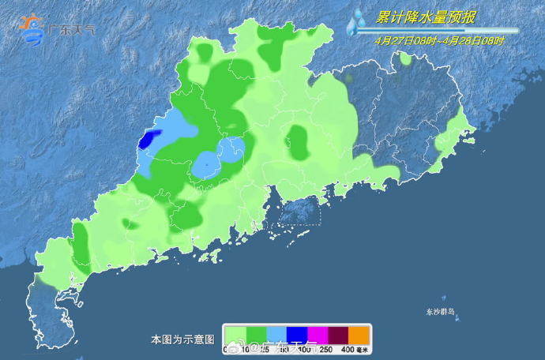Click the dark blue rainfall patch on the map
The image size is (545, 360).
tap(146, 141)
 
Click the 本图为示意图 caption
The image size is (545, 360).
tap(182, 339)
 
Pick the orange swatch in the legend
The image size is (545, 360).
tap(359, 335)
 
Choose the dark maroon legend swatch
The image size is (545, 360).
tap(338, 335)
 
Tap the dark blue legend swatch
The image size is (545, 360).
tap(297, 335)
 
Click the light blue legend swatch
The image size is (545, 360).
tap(276, 335)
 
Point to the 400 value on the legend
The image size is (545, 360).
tap(347, 349)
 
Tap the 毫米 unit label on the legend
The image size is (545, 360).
tap(362, 349)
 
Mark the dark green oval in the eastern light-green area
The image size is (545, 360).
tap(297, 142)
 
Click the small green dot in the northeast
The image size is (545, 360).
tap(405, 58)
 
